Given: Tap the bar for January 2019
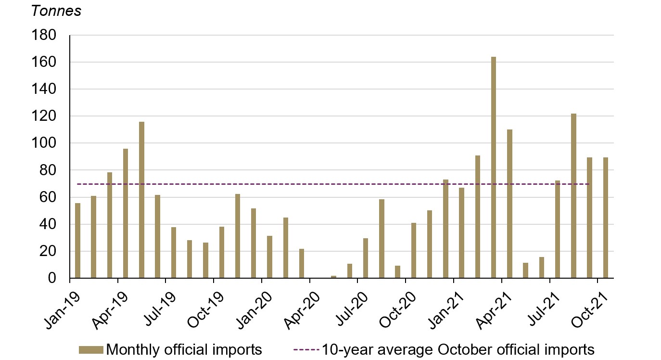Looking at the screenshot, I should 77,241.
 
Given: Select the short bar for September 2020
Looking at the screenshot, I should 397,272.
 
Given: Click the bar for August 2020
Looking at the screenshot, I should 381,239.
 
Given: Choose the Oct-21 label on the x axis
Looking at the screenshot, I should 590,301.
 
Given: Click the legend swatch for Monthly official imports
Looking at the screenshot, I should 90,349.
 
